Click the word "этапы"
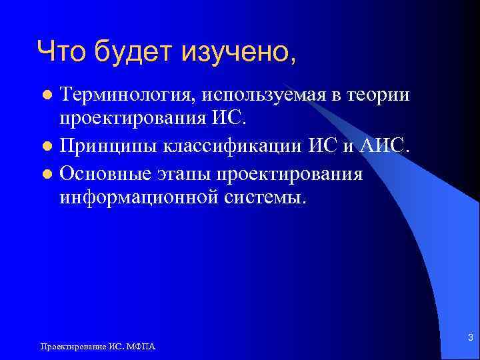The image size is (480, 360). [181, 173]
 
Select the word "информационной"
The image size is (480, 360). [146, 197]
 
